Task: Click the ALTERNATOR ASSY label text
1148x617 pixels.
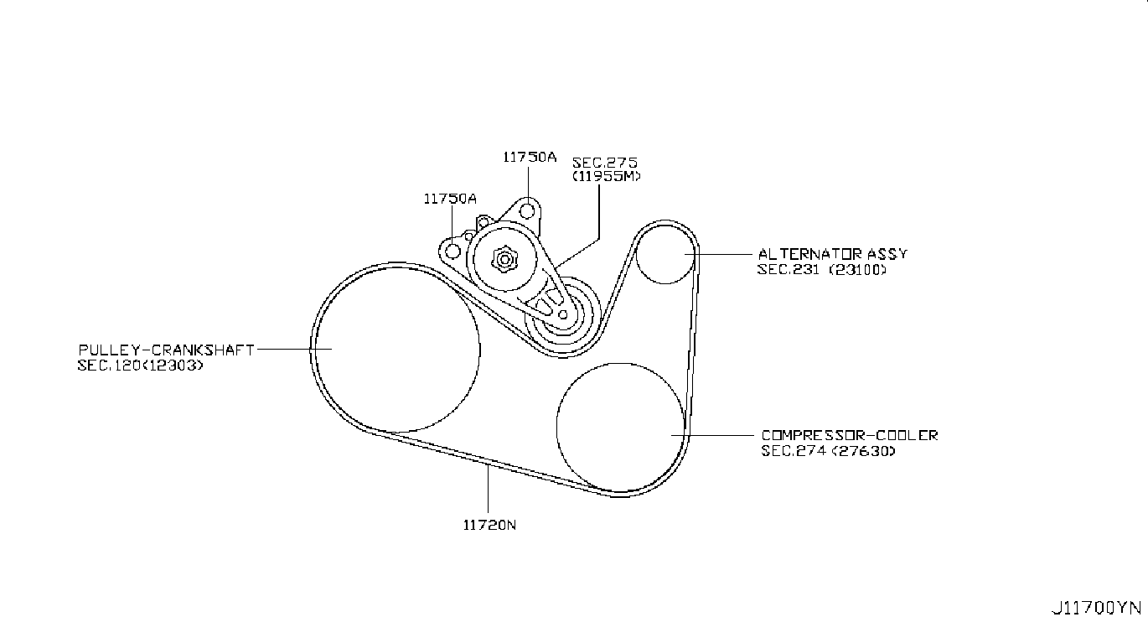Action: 832,254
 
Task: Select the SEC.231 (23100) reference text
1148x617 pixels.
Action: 821,270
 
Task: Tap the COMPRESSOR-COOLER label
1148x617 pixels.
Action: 850,435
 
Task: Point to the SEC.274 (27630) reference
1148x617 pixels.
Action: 828,451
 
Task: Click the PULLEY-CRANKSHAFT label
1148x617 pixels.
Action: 166,350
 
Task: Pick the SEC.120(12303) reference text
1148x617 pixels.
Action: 140,366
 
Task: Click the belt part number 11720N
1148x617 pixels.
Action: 489,526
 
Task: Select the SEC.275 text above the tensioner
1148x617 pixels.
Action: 599,162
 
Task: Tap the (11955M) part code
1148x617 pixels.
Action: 607,177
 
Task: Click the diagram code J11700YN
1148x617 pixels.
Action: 1097,606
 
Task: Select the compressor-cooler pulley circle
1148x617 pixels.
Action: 620,427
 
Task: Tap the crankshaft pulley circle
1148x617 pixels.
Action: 398,349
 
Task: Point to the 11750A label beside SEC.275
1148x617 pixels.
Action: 530,156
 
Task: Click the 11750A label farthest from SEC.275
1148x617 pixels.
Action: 450,199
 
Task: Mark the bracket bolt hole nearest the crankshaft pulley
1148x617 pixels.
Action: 452,251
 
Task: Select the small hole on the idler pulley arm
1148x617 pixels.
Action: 563,315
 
